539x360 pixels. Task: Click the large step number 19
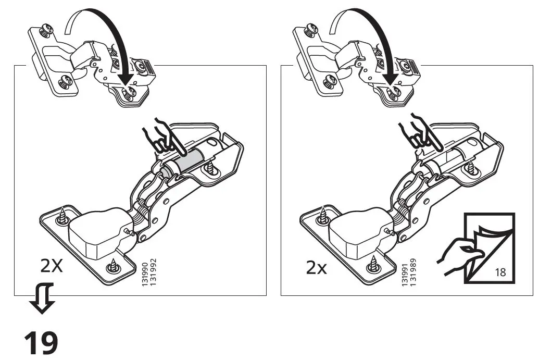41,343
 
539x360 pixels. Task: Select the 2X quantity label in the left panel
52,266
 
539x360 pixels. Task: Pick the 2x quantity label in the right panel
316,268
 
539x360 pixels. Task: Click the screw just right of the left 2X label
113,267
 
